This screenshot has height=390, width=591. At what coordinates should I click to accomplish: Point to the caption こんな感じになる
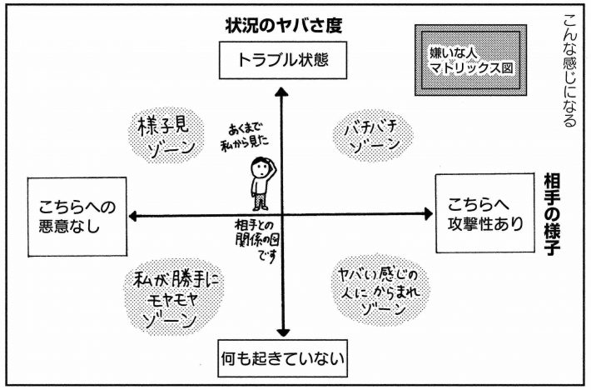(569, 71)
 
